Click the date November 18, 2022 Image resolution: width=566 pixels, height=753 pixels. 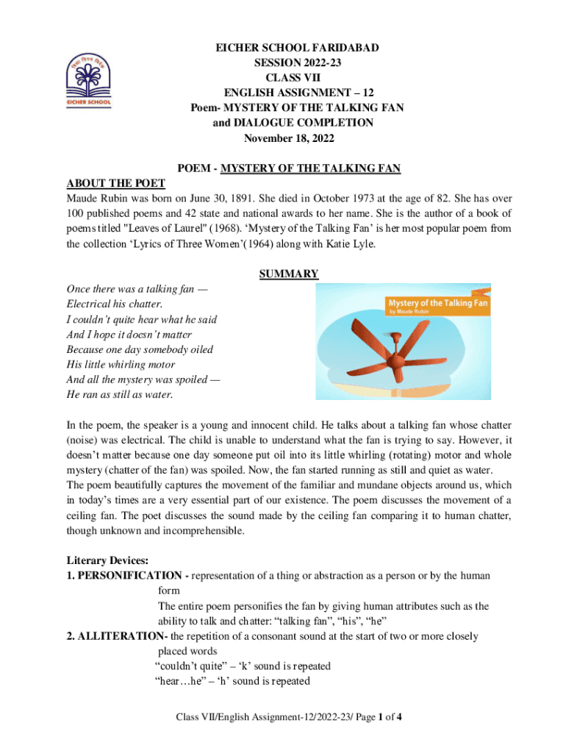293,138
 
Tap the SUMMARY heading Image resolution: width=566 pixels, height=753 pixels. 289,274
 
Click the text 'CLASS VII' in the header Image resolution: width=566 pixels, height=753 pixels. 293,77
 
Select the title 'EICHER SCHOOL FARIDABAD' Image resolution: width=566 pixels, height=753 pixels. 293,47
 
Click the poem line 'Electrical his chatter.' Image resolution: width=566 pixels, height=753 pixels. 114,304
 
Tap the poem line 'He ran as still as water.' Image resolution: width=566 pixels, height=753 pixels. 120,395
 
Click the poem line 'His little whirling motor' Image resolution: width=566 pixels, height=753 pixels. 121,365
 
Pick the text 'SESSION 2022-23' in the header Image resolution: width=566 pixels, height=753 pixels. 293,63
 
